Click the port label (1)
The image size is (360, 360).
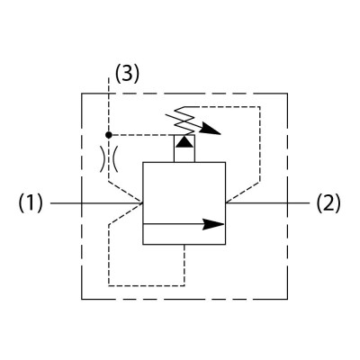click(x=31, y=203)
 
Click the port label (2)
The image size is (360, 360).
click(x=328, y=203)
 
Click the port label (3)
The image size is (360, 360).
click(x=128, y=74)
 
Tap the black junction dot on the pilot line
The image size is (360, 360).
click(x=109, y=135)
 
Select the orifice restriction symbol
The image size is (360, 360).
click(x=109, y=159)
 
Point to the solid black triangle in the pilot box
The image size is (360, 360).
click(x=184, y=141)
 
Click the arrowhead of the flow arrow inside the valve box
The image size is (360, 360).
click(x=213, y=224)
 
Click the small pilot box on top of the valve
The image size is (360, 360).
click(x=184, y=148)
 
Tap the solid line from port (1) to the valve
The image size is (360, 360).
click(x=96, y=203)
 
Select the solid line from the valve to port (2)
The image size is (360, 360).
click(x=267, y=203)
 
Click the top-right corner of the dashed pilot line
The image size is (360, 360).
click(x=260, y=107)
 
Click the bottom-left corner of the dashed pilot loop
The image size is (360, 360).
click(x=109, y=285)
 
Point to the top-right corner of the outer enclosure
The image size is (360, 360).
click(x=287, y=94)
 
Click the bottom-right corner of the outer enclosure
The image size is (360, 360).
click(x=287, y=299)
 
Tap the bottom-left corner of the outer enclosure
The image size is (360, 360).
click(x=82, y=299)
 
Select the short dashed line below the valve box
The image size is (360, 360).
click(x=184, y=265)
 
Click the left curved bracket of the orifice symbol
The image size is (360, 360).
click(x=103, y=159)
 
